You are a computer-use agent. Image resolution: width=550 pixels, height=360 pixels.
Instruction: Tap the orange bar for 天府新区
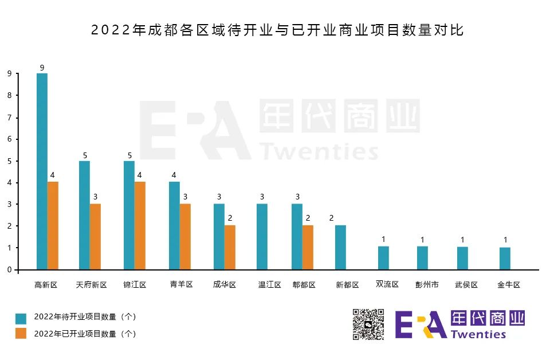(x=95, y=236)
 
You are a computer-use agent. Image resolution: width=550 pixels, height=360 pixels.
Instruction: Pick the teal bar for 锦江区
(x=129, y=215)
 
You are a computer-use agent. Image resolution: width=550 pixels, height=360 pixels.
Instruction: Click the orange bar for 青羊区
(x=185, y=236)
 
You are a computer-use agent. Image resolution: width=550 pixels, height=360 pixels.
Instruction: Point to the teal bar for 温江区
(x=262, y=236)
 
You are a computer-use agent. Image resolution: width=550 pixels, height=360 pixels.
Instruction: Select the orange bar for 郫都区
(x=308, y=247)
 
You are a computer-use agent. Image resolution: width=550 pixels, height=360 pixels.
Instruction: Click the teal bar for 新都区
(x=340, y=247)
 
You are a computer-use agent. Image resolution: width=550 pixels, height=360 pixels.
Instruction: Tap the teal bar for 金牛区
(x=505, y=258)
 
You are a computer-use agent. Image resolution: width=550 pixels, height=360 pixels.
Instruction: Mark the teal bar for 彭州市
(x=422, y=257)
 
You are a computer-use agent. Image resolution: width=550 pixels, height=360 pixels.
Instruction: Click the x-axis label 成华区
(x=225, y=285)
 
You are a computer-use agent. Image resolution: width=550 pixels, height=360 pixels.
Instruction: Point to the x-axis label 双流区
(x=387, y=284)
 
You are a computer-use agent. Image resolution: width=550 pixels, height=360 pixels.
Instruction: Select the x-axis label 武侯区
(x=466, y=285)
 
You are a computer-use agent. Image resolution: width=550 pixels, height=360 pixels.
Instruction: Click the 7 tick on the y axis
(x=9, y=118)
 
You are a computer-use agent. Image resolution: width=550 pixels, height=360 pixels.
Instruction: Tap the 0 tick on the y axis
(x=9, y=269)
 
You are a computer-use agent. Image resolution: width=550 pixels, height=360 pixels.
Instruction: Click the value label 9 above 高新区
(x=42, y=67)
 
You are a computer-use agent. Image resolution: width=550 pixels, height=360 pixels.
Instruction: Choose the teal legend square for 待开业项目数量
(x=21, y=318)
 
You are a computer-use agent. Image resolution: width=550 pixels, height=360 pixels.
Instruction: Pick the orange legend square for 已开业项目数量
(x=21, y=333)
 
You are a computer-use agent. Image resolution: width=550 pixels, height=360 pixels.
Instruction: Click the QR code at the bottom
(x=368, y=324)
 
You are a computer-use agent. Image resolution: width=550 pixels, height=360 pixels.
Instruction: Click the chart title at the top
(x=277, y=30)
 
